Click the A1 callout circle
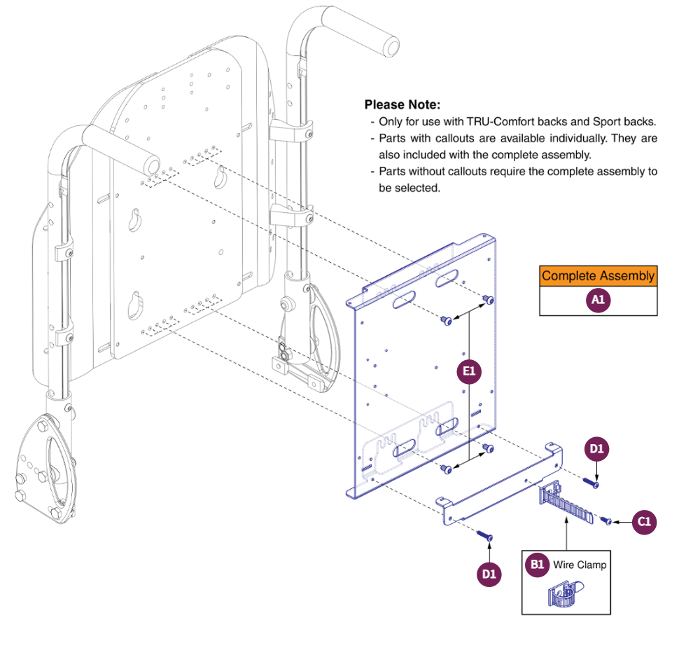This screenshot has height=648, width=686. click(x=597, y=301)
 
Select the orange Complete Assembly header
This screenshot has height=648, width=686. click(x=598, y=275)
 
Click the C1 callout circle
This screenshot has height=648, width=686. click(x=645, y=522)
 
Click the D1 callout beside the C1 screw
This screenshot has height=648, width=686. click(x=596, y=449)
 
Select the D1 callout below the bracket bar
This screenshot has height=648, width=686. click(x=489, y=574)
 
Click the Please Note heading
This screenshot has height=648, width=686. click(x=402, y=104)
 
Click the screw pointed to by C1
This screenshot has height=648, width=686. click(x=608, y=521)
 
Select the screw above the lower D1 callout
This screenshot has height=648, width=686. click(x=486, y=536)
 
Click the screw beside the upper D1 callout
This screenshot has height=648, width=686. click(x=591, y=483)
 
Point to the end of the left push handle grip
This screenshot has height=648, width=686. click(x=149, y=164)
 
